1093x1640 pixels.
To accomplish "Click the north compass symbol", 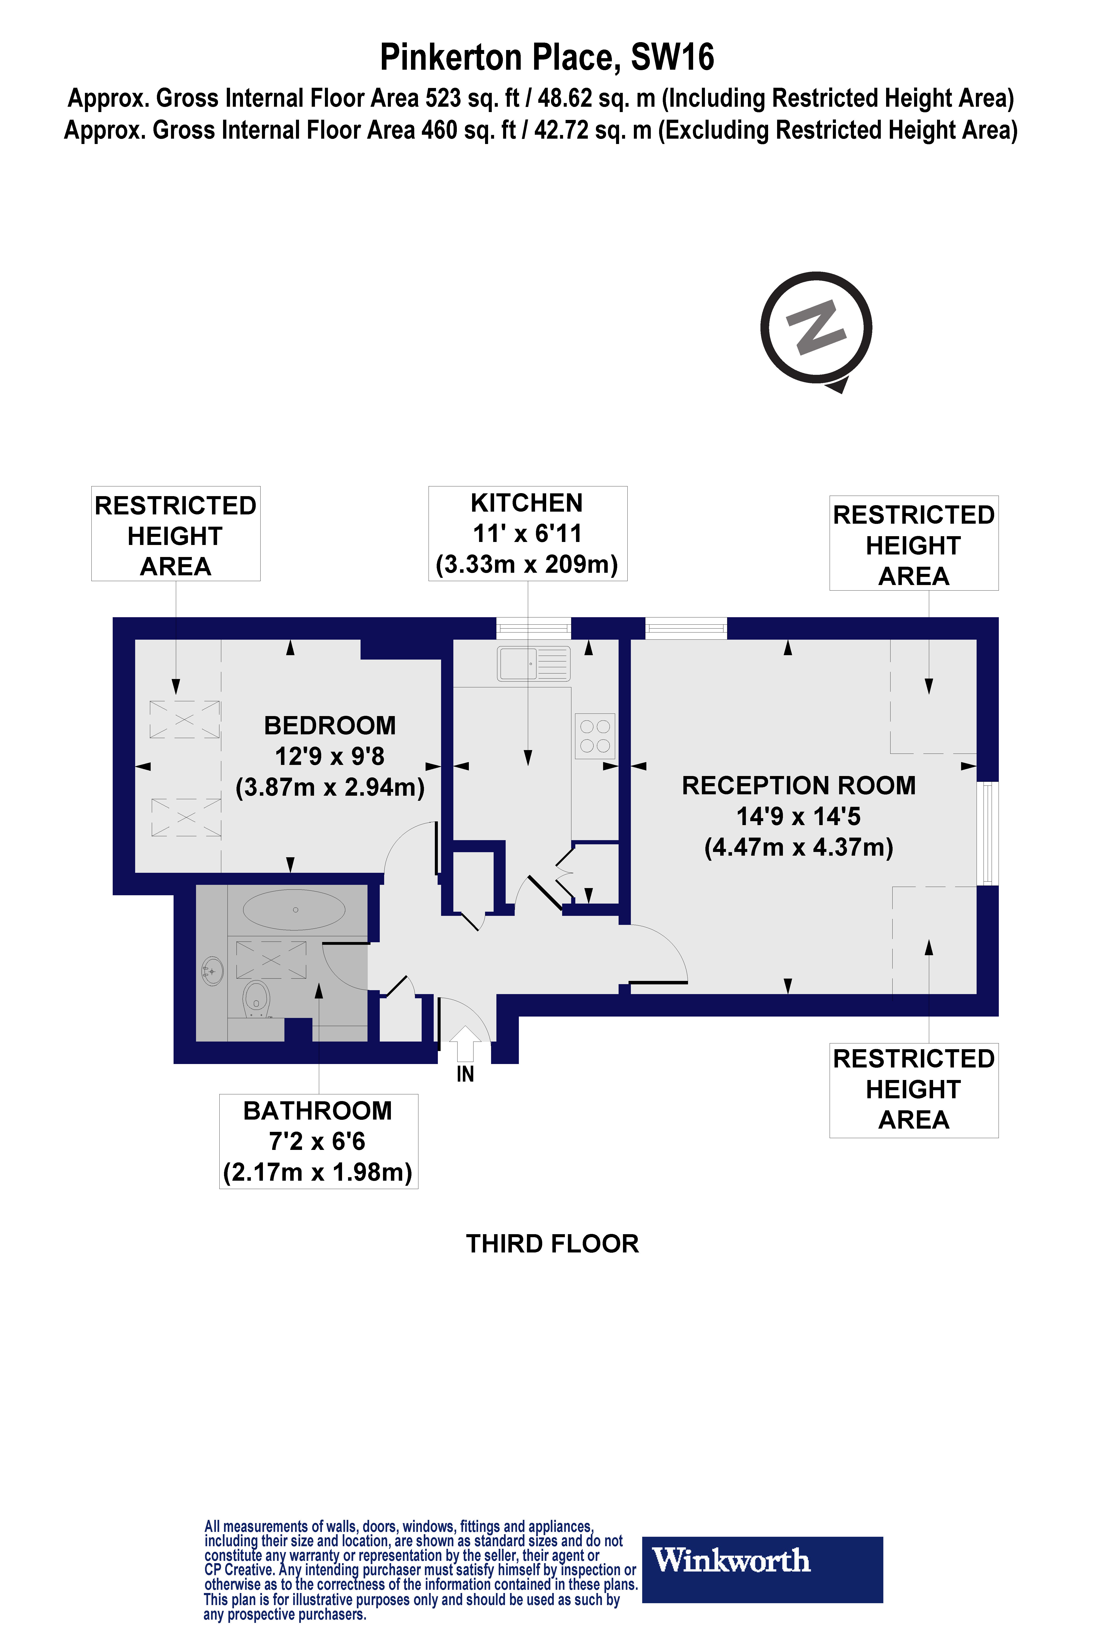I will [816, 329].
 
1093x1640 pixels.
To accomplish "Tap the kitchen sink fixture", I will [533, 663].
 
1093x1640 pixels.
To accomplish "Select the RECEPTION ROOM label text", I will [798, 786].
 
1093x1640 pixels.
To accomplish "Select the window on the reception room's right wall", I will [987, 833].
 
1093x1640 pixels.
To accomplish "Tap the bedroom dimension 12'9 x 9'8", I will [330, 757].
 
